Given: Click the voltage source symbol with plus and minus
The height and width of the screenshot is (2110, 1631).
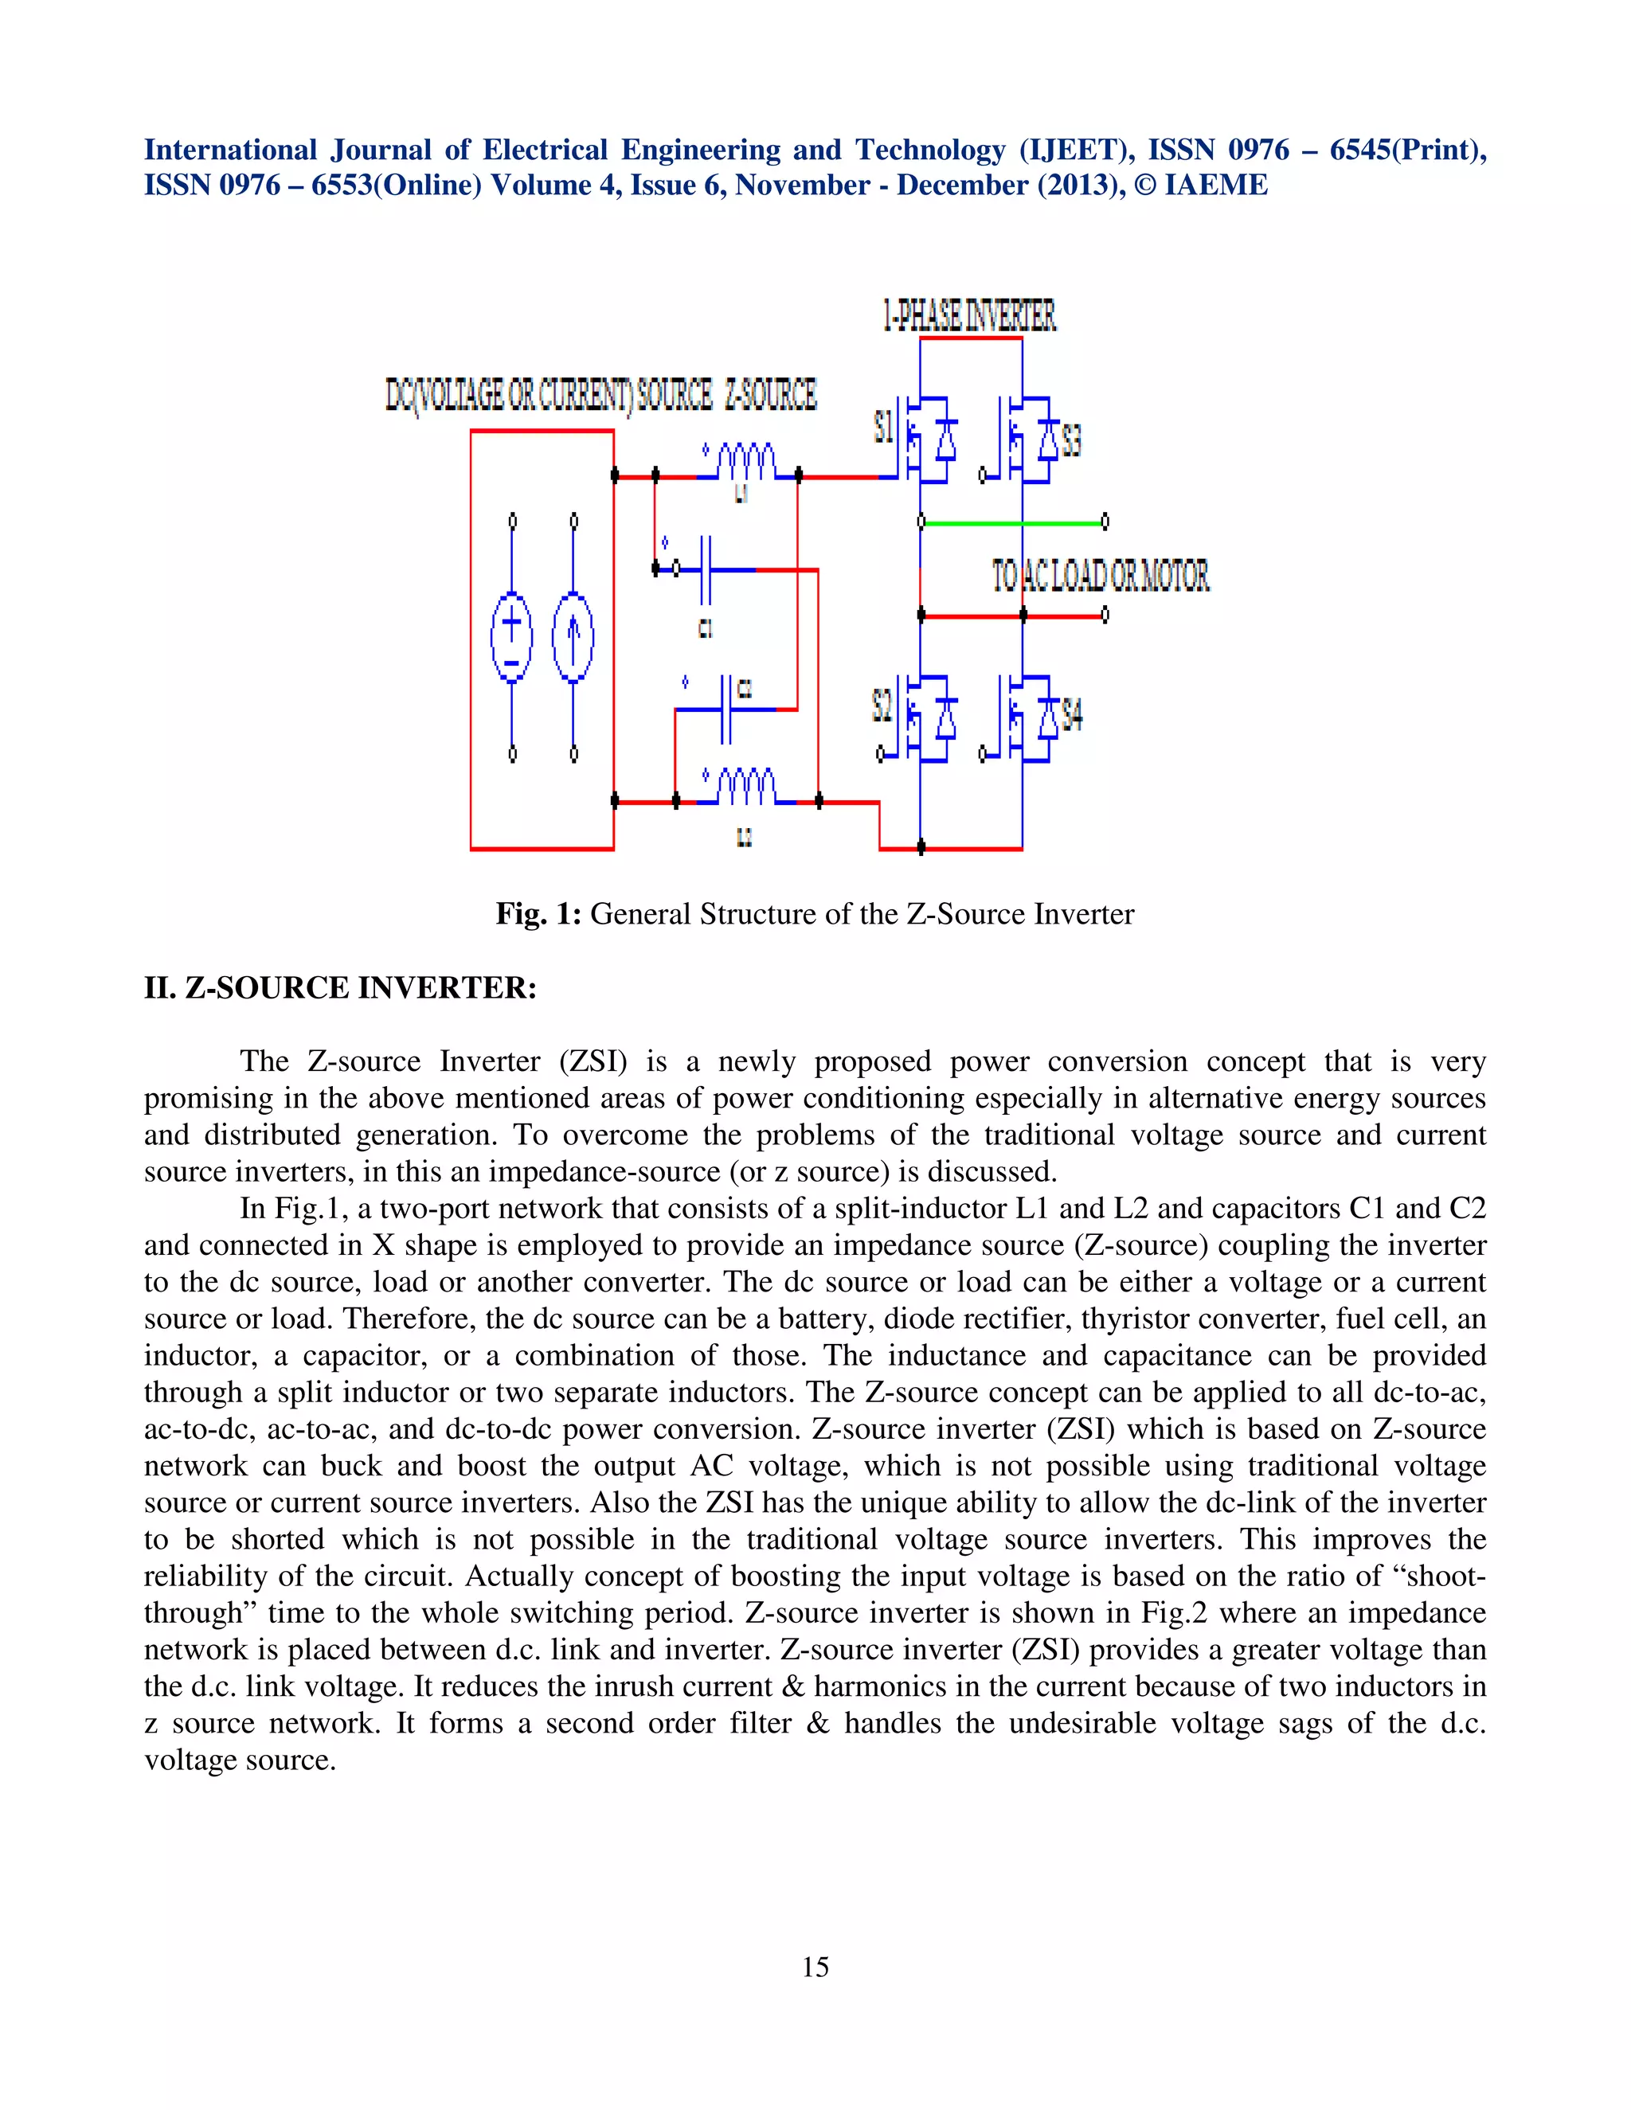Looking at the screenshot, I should tap(512, 638).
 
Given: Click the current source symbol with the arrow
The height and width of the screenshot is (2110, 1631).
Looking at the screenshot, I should tap(573, 638).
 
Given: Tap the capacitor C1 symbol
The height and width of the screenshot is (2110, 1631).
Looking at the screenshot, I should tap(706, 570).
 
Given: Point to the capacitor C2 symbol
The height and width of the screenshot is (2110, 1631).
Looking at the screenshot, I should tap(726, 709).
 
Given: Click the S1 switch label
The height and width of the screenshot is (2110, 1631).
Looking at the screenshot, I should tap(883, 426).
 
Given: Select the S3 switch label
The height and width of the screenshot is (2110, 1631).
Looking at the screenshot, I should tap(1070, 440).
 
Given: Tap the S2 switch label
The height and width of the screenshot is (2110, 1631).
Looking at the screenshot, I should tap(882, 705).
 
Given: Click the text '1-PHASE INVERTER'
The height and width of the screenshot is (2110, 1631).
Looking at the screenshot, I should tap(969, 316).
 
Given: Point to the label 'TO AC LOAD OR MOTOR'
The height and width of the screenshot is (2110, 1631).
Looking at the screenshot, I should tap(1101, 576).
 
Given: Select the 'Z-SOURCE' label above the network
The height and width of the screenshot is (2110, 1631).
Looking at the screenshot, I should tap(770, 394).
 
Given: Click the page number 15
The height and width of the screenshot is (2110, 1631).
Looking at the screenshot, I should tap(815, 1967).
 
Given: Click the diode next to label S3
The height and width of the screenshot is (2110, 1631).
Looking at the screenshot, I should tap(1047, 440).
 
